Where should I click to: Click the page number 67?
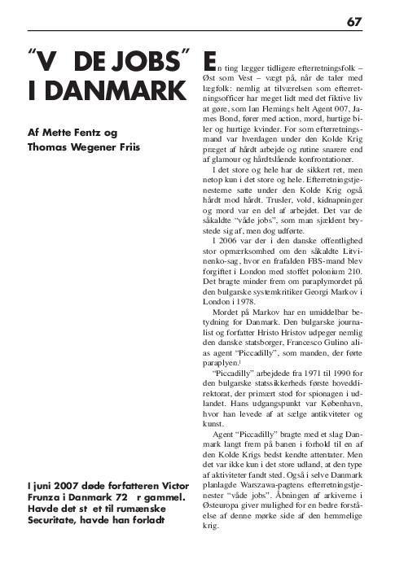(354, 21)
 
